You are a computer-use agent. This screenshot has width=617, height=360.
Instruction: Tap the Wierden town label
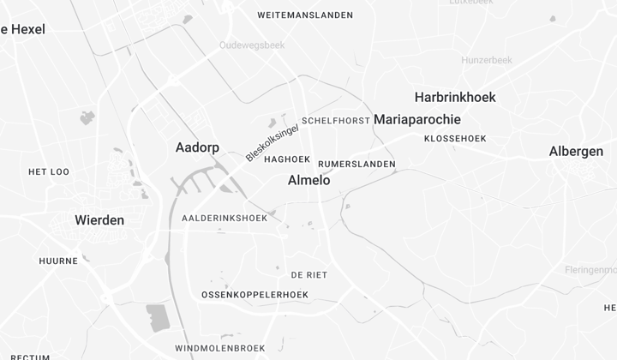click(x=99, y=220)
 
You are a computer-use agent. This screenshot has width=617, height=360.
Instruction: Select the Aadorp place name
click(x=197, y=147)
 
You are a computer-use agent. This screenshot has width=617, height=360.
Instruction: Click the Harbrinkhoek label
click(x=455, y=97)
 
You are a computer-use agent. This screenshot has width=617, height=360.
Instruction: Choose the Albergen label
click(x=576, y=152)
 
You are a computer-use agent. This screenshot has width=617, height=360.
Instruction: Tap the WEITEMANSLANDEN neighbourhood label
click(x=305, y=15)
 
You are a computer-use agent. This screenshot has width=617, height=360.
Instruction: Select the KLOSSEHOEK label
click(x=455, y=138)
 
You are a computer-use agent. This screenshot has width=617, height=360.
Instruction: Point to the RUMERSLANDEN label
click(x=356, y=164)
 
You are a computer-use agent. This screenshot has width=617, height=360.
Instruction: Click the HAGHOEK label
click(x=287, y=159)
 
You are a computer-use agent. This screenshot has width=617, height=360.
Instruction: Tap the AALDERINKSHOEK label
click(x=225, y=219)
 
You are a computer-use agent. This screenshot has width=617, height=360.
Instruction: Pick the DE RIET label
click(x=308, y=275)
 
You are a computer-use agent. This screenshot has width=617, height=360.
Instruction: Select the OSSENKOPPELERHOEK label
click(x=255, y=295)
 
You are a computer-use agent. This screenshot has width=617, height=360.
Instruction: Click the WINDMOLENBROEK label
click(x=219, y=348)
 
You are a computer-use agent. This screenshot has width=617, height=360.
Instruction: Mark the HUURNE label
click(x=58, y=261)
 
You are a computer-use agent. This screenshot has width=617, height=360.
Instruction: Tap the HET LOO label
click(x=49, y=172)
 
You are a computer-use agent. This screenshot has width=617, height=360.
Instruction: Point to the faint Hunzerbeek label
click(x=486, y=61)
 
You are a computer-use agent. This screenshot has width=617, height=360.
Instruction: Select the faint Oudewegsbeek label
click(x=251, y=45)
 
